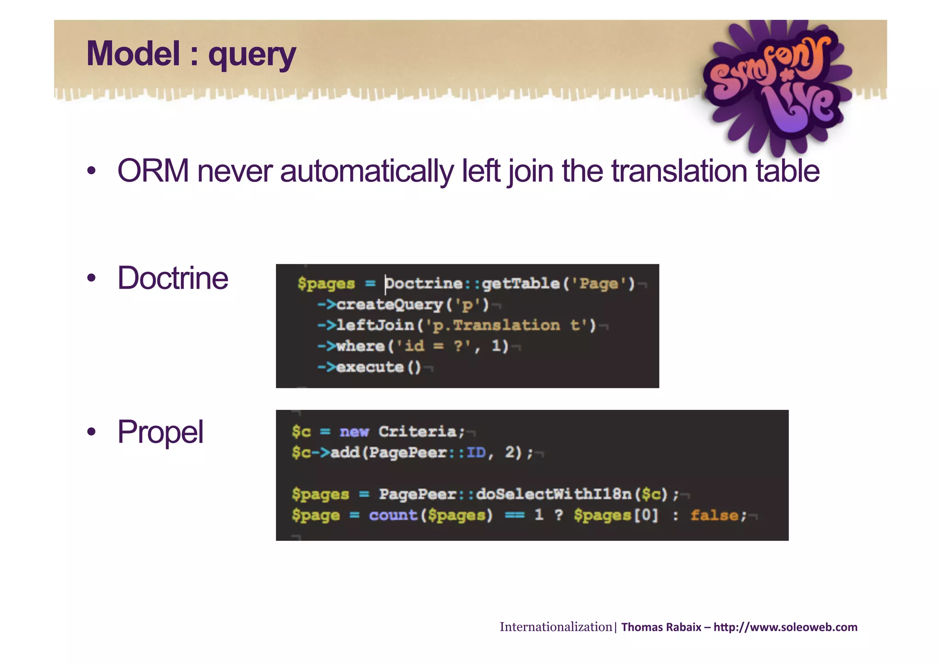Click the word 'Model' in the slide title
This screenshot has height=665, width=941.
click(x=133, y=54)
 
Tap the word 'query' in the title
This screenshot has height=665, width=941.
click(x=252, y=56)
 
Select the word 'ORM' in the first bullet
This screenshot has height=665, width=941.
click(x=153, y=171)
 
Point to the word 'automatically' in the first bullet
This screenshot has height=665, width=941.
click(x=367, y=171)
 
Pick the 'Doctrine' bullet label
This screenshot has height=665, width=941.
click(x=173, y=278)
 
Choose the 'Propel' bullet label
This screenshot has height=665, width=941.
click(x=160, y=432)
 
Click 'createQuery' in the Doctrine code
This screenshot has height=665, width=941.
click(x=389, y=304)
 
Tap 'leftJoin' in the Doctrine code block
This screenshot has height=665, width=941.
click(x=375, y=325)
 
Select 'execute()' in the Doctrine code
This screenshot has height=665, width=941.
click(x=379, y=367)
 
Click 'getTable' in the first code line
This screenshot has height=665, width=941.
click(x=521, y=284)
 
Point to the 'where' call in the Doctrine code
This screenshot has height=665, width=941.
click(x=360, y=346)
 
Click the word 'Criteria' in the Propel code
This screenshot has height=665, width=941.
click(x=418, y=432)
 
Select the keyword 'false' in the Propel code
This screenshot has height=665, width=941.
click(x=714, y=515)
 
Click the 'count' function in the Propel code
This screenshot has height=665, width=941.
click(x=393, y=515)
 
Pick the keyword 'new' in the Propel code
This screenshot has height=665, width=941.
click(x=354, y=432)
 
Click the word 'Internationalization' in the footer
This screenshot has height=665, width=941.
click(x=556, y=627)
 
